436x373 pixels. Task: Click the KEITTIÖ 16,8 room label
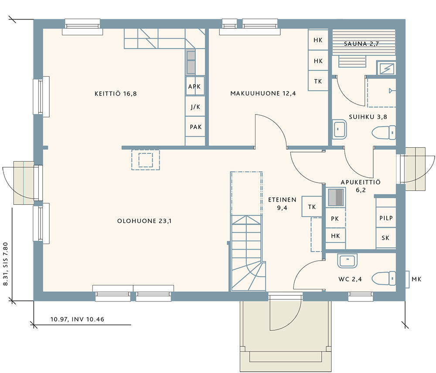pos(116,94)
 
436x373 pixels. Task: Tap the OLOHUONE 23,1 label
pos(144,221)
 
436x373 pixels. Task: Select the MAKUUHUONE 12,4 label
pos(263,93)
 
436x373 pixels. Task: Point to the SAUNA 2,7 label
pos(361,44)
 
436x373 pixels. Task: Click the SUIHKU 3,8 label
pos(368,117)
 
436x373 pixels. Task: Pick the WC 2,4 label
pos(350,279)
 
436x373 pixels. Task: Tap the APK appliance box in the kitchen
pos(195,86)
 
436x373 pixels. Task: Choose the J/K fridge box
pos(195,106)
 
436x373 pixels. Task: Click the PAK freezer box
pos(195,127)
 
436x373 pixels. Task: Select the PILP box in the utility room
pos(386,217)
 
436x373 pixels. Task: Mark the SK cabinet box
pos(386,238)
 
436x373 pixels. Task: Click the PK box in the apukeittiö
pos(335,218)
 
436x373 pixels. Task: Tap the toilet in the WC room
pos(384,278)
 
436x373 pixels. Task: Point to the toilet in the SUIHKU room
pos(384,132)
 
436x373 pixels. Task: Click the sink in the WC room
pos(347,261)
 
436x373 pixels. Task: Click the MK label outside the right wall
pos(416,279)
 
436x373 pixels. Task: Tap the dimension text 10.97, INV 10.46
pos(77,319)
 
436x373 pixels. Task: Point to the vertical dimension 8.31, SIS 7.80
pos(6,264)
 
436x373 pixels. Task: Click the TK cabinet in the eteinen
pos(312,207)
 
